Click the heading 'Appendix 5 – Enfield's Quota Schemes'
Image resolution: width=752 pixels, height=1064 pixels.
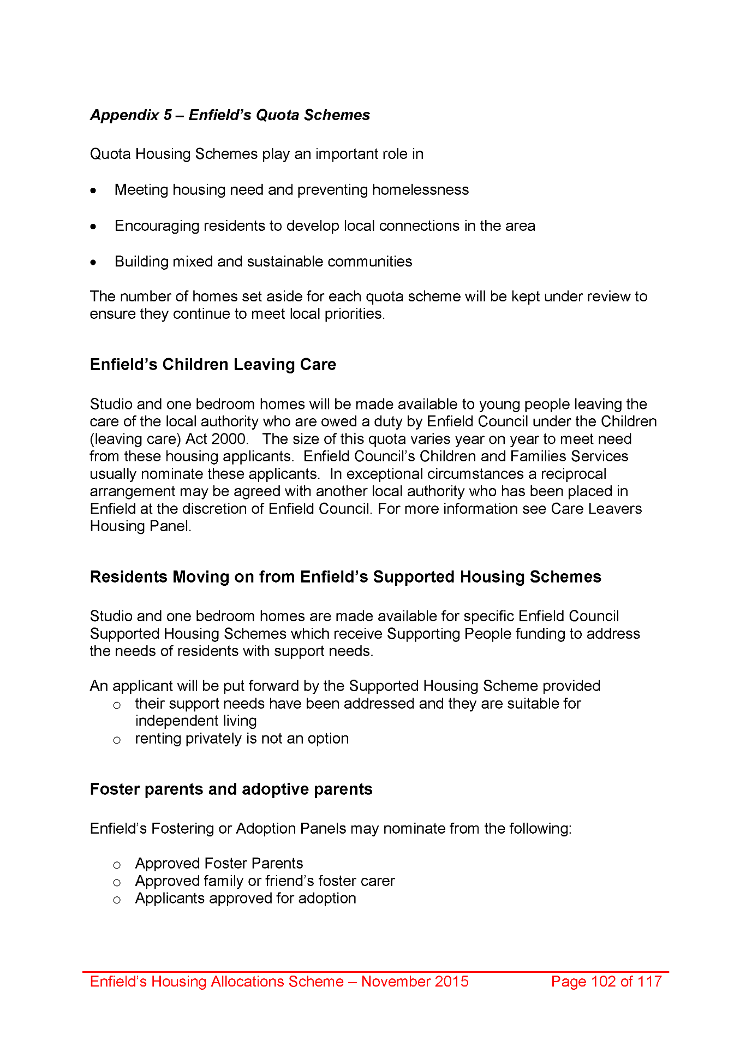coord(230,115)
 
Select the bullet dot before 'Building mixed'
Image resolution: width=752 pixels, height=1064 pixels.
coord(94,263)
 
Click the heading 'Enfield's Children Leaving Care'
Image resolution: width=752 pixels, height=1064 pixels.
coord(213,365)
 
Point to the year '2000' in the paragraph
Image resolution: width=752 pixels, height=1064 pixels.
coord(229,439)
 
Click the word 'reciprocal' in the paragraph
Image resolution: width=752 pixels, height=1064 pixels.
coord(573,474)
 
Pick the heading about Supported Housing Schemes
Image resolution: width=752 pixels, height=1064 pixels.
coord(345,577)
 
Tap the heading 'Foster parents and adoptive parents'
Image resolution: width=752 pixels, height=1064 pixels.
coord(231,789)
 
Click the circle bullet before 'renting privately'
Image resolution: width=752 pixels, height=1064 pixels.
coord(117,740)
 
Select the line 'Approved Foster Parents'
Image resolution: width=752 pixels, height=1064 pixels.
coord(219,864)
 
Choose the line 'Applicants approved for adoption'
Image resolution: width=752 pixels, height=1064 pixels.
coord(246,899)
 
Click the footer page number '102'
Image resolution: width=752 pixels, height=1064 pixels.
coord(603,982)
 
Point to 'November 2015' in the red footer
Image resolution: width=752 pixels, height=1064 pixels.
coord(415,982)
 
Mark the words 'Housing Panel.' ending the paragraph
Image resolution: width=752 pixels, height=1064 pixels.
coord(141,526)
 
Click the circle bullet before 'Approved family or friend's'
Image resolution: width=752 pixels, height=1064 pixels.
coord(117,882)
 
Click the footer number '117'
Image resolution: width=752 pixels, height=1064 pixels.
coord(649,982)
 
